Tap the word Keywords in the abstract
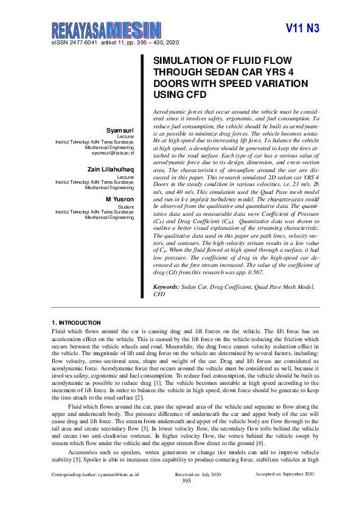click(x=165, y=285)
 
